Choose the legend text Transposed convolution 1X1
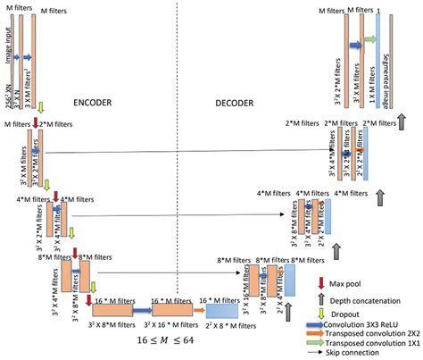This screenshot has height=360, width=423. point(377,349)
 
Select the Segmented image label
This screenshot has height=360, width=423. point(393,54)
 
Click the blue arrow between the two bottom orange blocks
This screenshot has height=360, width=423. point(142,310)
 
